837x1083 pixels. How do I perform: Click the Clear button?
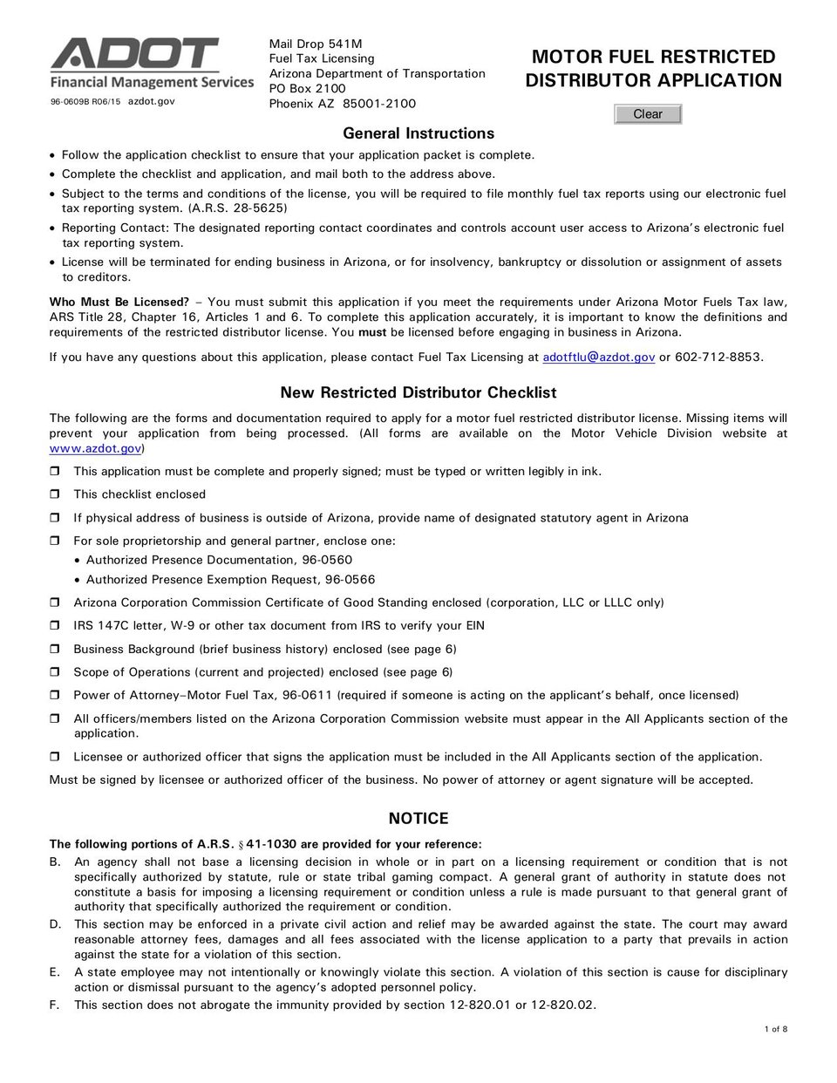(648, 114)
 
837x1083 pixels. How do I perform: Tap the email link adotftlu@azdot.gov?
(598, 357)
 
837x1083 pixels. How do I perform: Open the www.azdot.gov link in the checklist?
(95, 448)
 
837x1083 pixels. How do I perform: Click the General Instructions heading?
(418, 133)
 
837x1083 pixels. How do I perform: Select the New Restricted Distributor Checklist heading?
(418, 392)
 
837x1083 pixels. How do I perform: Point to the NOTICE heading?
(418, 818)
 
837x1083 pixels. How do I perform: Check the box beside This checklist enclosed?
(54, 494)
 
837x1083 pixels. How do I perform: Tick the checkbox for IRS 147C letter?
(54, 626)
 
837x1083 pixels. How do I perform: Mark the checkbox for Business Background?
(54, 650)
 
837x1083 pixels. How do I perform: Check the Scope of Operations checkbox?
(54, 672)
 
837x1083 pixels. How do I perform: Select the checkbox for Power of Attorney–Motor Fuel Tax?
(54, 696)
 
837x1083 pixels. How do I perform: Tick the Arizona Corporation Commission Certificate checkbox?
(54, 603)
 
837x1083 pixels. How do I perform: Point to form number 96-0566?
(350, 579)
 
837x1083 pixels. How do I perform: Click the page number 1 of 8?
(775, 1029)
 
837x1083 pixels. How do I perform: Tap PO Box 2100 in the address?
(308, 88)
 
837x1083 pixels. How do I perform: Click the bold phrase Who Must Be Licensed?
(119, 302)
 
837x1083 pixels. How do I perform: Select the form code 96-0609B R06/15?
(85, 102)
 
